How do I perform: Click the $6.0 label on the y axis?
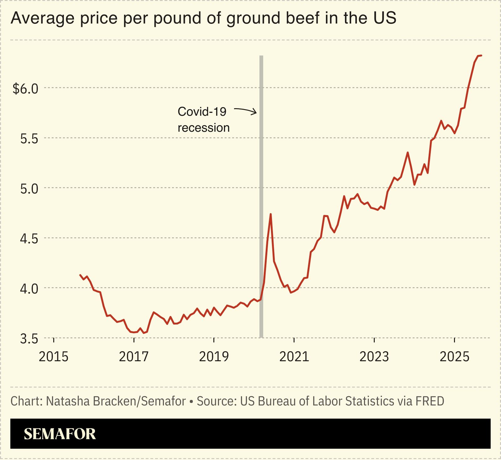click(25, 89)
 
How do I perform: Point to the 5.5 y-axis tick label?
click(29, 139)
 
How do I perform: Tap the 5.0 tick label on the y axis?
click(29, 189)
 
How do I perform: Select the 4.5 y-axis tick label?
click(29, 239)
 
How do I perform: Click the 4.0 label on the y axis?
click(29, 289)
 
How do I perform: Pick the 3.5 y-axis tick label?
click(29, 339)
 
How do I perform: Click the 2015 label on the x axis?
click(54, 357)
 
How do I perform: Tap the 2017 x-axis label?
click(134, 357)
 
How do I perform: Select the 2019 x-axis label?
click(214, 357)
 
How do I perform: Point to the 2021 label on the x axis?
click(294, 357)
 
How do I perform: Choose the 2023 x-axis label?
click(374, 357)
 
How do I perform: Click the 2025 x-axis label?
click(454, 357)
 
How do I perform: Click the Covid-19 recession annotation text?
click(203, 119)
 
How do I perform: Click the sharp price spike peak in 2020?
click(270, 214)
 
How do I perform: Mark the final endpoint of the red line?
click(481, 56)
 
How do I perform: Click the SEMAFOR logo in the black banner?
click(60, 434)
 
